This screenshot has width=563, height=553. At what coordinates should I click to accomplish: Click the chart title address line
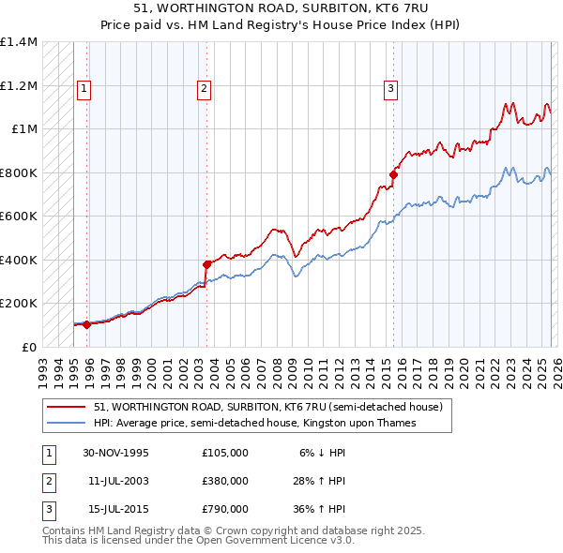[281, 8]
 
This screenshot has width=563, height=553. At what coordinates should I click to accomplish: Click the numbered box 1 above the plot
[84, 89]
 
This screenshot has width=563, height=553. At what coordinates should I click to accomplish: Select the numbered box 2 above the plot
[204, 89]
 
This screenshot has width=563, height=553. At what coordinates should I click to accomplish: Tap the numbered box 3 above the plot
[390, 89]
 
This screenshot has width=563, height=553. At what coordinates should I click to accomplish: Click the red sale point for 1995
[86, 324]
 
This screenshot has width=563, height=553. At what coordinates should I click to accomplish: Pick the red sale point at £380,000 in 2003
[206, 264]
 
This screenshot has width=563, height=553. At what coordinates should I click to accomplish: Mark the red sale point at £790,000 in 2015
[393, 174]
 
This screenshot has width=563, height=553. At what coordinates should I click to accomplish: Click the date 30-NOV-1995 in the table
[115, 452]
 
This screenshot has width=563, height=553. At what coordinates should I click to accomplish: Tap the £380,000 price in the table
[225, 481]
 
